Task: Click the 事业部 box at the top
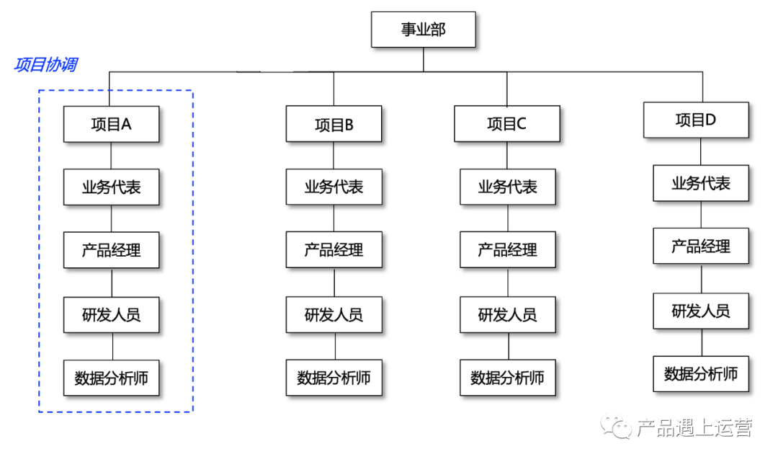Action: pyautogui.click(x=423, y=30)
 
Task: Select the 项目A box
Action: pyautogui.click(x=111, y=124)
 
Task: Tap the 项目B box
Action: pyautogui.click(x=334, y=124)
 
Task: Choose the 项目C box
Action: pyautogui.click(x=506, y=123)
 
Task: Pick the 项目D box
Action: pyautogui.click(x=695, y=120)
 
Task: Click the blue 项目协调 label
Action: pyautogui.click(x=45, y=65)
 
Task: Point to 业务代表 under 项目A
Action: pyautogui.click(x=111, y=187)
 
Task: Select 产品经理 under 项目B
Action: pyautogui.click(x=334, y=250)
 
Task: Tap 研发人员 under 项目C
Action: pyautogui.click(x=508, y=314)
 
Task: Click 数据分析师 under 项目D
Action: pyautogui.click(x=701, y=373)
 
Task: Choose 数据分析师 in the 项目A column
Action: pyautogui.click(x=111, y=377)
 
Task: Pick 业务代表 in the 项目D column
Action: pyautogui.click(x=701, y=183)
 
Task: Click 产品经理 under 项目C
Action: pyautogui.click(x=508, y=250)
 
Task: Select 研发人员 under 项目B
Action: pyautogui.click(x=334, y=314)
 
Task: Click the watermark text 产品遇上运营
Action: pyautogui.click(x=694, y=427)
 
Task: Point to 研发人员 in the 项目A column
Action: pyautogui.click(x=111, y=314)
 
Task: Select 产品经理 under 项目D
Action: pyautogui.click(x=701, y=246)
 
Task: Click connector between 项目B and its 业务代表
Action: pyautogui.click(x=334, y=156)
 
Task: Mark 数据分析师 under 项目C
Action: pyautogui.click(x=508, y=377)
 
